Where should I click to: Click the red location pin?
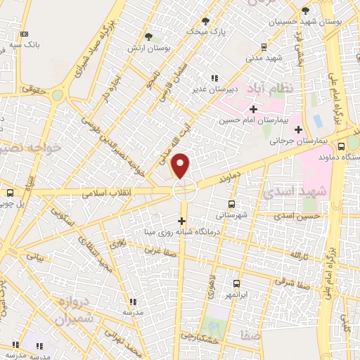point(181,166)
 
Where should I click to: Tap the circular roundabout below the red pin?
point(184,188)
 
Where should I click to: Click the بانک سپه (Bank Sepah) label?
point(24,44)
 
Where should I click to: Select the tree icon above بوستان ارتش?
point(148,37)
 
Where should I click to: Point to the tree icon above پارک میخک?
point(205,21)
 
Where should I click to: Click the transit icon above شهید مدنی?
point(264,47)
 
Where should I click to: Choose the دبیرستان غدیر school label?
point(214,89)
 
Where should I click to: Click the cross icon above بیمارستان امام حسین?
point(253,109)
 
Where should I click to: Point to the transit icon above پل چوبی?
point(11,193)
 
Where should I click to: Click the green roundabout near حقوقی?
point(58,95)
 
